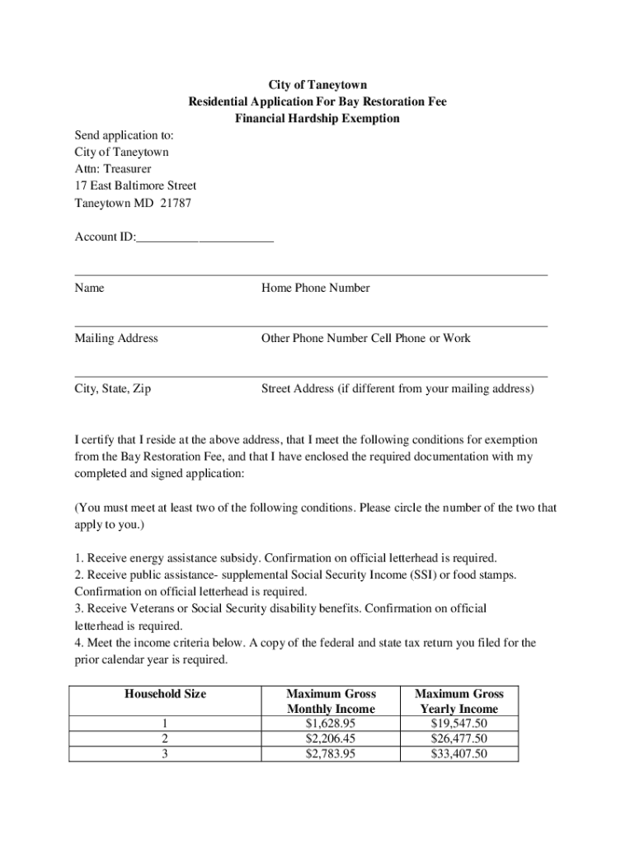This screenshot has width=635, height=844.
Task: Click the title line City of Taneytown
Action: point(317,85)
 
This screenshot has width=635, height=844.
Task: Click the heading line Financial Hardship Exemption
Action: point(317,119)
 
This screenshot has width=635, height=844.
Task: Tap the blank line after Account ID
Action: point(205,238)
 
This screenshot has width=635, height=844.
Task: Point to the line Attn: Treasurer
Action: point(113,169)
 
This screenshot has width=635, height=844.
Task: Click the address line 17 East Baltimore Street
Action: point(135,186)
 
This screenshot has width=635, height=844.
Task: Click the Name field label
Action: point(89,288)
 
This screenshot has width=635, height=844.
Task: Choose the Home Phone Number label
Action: point(315,288)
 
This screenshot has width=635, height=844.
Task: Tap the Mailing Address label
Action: point(116,339)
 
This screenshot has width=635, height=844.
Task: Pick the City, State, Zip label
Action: point(112,389)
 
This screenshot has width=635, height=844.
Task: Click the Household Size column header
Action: point(165,694)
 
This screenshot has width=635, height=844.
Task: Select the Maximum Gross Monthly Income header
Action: point(330,701)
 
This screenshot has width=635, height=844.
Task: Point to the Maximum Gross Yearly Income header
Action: point(459,701)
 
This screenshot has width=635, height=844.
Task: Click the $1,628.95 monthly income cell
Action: point(330,724)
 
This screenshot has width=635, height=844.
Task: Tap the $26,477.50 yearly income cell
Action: point(459,738)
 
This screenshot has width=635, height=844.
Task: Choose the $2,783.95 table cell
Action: point(330,754)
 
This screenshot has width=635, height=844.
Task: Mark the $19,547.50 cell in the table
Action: point(459,724)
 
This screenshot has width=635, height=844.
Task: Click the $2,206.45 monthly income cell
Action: point(330,738)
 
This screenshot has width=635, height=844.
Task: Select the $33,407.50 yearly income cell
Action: point(459,754)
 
